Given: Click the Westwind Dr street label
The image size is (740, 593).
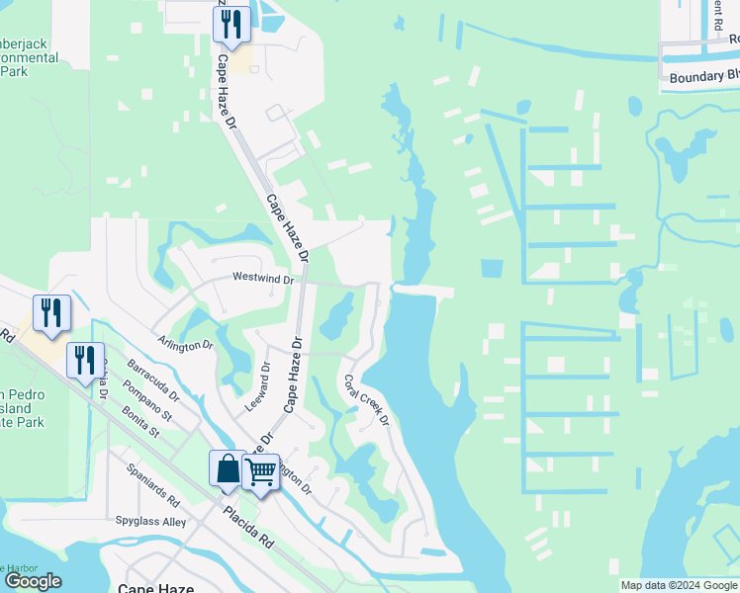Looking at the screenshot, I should point(262,280).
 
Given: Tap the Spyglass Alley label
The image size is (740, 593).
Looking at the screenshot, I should point(150,521).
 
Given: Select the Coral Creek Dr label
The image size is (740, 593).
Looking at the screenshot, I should point(366,400).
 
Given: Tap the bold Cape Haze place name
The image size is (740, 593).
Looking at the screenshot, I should point(155,587).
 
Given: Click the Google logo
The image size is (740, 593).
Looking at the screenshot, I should point(33,581).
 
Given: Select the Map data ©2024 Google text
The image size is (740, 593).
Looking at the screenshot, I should point(679,585).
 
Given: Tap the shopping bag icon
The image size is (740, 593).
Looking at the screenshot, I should point(228,468).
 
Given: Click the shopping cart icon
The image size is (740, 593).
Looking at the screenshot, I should point(261,473).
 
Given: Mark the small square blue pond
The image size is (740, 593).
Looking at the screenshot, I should point(492,268).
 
